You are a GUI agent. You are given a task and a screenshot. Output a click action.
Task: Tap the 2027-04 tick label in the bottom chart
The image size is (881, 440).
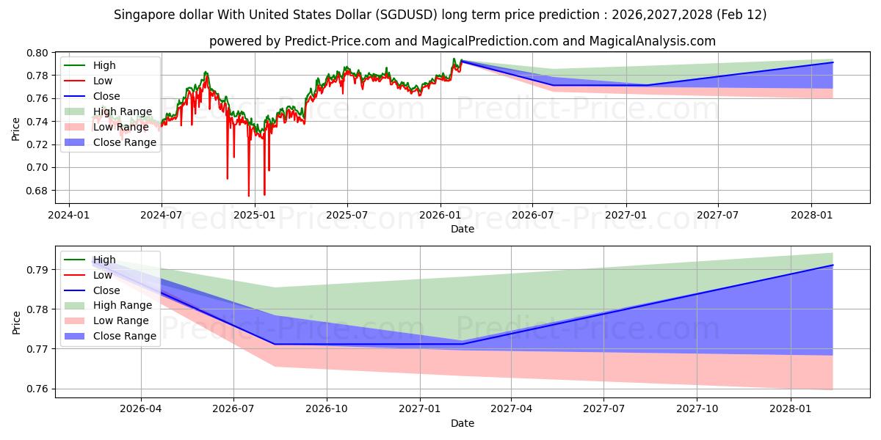click(512, 409)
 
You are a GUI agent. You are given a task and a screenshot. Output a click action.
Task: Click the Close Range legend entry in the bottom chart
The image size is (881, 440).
click(124, 336)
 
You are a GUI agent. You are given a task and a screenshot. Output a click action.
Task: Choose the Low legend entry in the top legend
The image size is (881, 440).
click(104, 81)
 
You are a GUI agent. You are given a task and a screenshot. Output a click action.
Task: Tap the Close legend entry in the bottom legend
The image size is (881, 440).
click(106, 290)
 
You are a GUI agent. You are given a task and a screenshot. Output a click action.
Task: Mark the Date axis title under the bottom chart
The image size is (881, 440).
click(463, 423)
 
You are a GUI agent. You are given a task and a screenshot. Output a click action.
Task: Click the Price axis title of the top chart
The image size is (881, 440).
click(16, 129)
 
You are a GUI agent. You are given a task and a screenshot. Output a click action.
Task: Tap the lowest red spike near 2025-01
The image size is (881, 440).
click(248, 196)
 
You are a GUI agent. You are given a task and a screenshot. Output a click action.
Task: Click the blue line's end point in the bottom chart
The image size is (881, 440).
click(833, 265)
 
